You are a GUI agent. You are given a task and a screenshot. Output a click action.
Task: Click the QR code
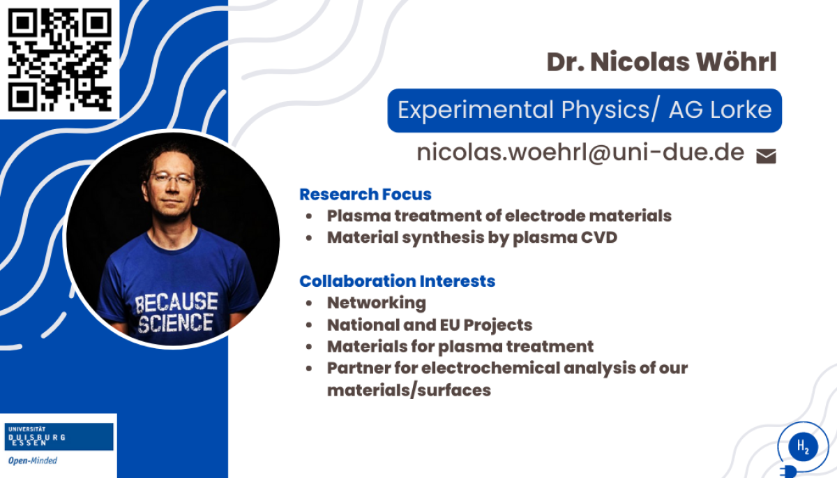pos(60,60)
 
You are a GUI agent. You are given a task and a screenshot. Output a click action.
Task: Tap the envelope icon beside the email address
pos(766,156)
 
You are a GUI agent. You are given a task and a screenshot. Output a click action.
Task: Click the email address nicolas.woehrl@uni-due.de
pos(580,153)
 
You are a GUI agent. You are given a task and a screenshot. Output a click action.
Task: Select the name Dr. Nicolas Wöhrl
pos(662,61)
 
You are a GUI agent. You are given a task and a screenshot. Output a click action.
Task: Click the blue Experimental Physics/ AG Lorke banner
pos(585,110)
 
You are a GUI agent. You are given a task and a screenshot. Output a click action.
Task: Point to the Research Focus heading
pos(365,194)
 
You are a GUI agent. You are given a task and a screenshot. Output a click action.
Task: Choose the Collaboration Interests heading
pos(397,281)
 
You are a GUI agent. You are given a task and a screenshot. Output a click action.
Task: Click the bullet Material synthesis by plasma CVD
pos(472,238)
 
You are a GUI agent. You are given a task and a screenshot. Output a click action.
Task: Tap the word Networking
pos(377,303)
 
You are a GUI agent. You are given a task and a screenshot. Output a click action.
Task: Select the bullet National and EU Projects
pos(430,324)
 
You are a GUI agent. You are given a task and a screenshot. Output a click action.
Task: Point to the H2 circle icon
pos(803,446)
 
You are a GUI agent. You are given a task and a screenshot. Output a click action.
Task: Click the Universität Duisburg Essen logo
pos(59,437)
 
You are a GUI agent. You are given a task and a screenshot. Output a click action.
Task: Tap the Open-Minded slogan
pos(33,461)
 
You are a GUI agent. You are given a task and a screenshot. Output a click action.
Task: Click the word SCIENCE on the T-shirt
pos(176,323)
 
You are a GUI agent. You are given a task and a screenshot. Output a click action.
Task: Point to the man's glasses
pos(173,178)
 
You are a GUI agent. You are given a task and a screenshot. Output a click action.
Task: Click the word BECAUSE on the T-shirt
pos(176,302)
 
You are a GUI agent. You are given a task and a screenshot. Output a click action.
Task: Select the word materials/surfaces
pos(409,391)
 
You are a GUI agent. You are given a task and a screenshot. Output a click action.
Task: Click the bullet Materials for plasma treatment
pos(460,347)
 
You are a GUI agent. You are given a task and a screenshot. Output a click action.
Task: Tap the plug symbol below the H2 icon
pos(789,472)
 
